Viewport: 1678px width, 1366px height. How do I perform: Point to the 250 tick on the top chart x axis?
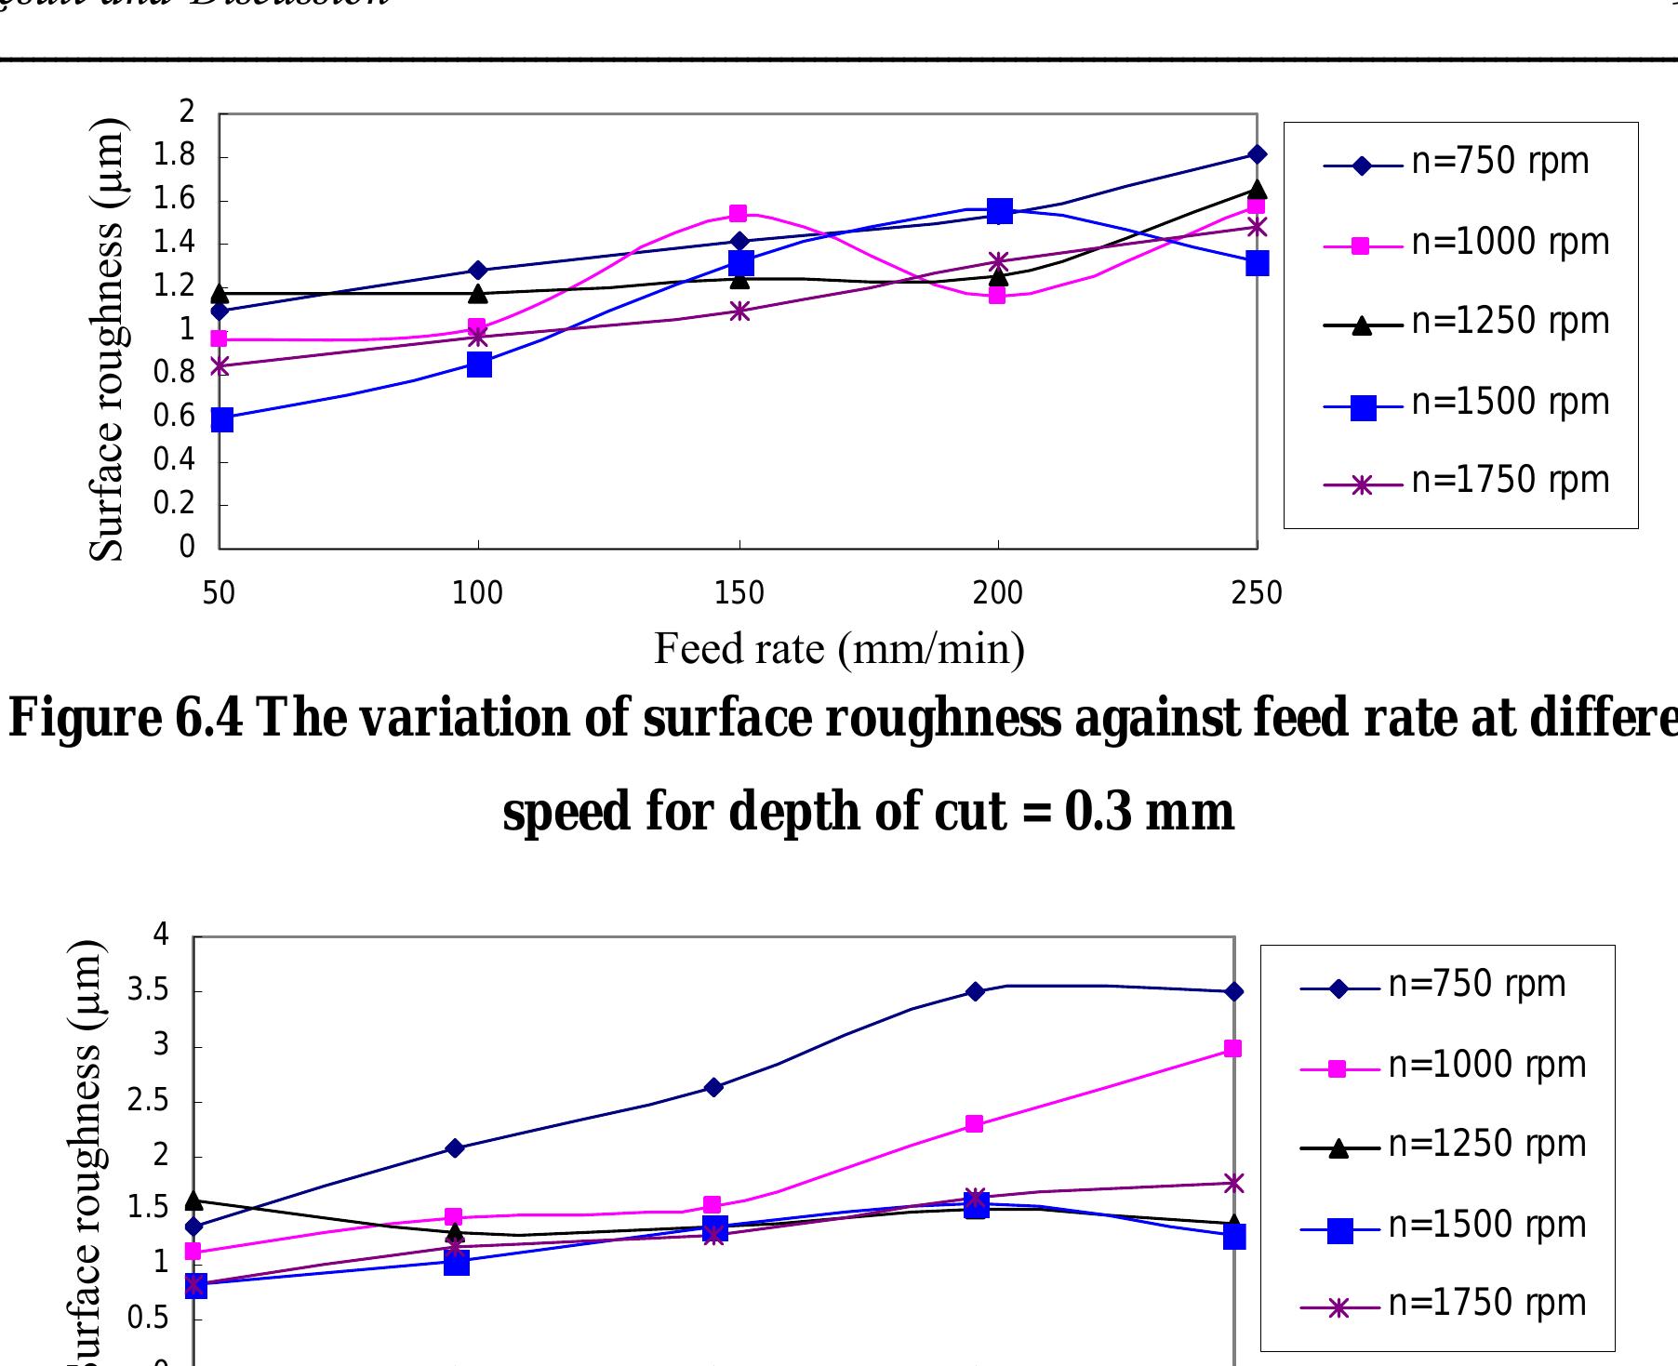1257,592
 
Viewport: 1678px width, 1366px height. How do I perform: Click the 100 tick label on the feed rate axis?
477,592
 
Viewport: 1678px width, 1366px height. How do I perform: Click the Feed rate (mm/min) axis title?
839,648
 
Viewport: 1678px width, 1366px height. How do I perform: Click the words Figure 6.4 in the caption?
125,718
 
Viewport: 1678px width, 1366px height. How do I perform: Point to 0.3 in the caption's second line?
1098,811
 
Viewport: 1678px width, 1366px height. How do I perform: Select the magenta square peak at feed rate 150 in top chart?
739,214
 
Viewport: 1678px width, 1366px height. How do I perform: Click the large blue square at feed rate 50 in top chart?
221,420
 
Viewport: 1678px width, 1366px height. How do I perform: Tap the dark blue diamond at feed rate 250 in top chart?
1257,154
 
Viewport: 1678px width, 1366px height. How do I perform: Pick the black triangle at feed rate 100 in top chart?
478,294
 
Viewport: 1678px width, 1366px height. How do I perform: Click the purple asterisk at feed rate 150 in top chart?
739,312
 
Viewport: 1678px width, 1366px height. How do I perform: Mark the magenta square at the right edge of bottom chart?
1232,1049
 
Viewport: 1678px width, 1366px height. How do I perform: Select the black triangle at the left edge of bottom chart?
193,1200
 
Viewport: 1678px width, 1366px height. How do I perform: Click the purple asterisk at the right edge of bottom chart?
1233,1184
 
